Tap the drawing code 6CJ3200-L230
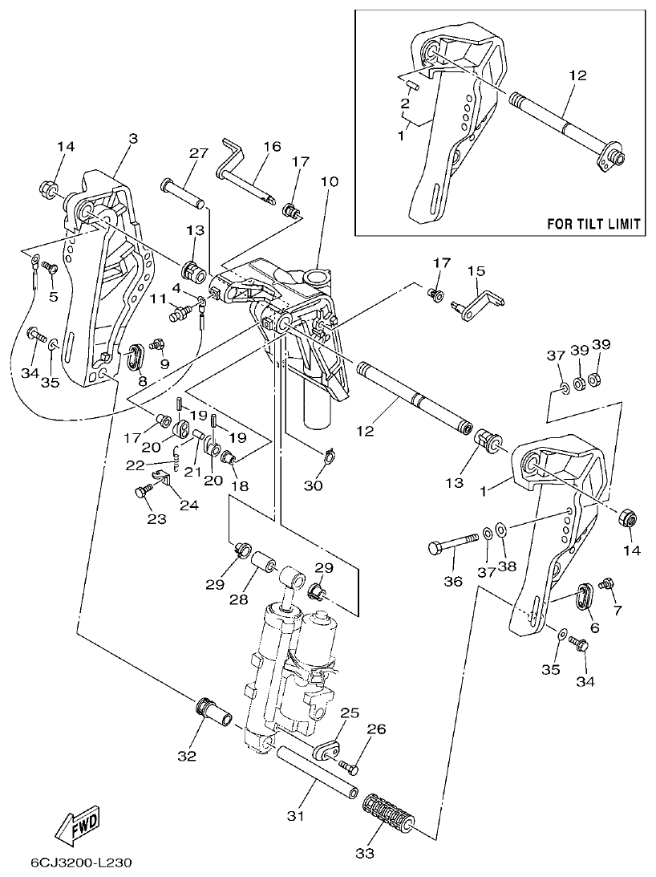pos(81,863)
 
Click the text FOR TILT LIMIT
pos(593,224)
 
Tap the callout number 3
pos(133,139)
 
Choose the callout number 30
pos(314,485)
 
